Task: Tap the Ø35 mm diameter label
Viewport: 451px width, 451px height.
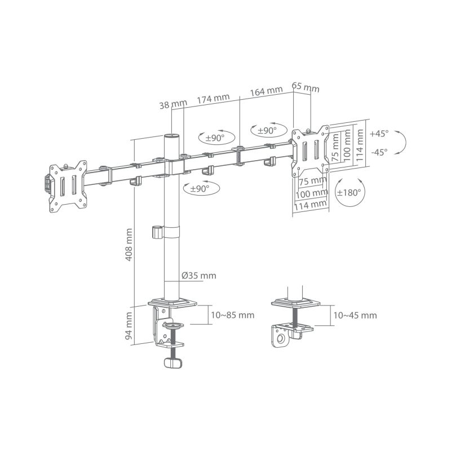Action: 198,276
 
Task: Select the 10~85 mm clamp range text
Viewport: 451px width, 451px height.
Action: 231,315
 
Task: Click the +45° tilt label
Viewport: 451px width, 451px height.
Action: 379,134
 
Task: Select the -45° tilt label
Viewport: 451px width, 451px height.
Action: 379,152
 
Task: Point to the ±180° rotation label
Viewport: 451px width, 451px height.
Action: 349,192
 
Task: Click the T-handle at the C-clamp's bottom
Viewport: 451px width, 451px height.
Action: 174,364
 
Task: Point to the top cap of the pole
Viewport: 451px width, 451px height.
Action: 170,136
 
